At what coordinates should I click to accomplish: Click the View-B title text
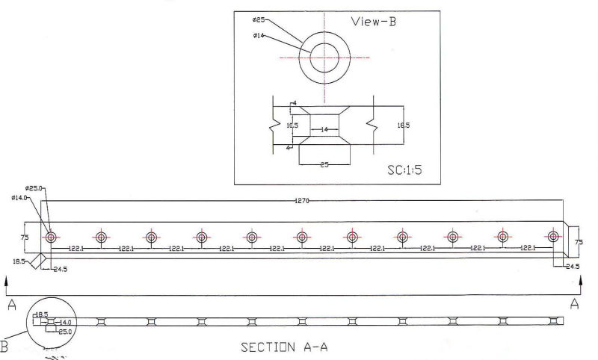pyautogui.click(x=374, y=22)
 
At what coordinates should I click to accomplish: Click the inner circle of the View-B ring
pyautogui.click(x=324, y=57)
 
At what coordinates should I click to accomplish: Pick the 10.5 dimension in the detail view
pyautogui.click(x=292, y=125)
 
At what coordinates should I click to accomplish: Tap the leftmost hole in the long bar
pyautogui.click(x=51, y=237)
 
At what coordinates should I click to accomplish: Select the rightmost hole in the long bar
pyautogui.click(x=553, y=237)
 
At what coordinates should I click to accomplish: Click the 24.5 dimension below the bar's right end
pyautogui.click(x=573, y=266)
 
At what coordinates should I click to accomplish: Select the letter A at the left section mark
pyautogui.click(x=11, y=305)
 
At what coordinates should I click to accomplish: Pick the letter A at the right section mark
pyautogui.click(x=574, y=304)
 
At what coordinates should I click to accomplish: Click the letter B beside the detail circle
pyautogui.click(x=4, y=346)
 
